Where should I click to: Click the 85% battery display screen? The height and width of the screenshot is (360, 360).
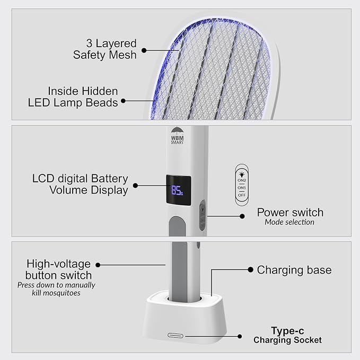click(x=179, y=190)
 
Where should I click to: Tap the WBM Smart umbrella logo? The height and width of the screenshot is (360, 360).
click(x=177, y=136)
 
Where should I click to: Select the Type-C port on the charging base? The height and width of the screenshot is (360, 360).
click(x=175, y=336)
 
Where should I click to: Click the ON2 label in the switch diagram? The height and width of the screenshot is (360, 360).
click(x=242, y=180)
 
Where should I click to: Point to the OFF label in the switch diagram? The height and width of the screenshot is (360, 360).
click(x=242, y=195)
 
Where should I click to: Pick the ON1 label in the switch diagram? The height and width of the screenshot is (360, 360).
click(x=242, y=188)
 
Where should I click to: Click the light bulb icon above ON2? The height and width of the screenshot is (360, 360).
click(x=242, y=174)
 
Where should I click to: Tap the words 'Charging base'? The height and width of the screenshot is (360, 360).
click(x=294, y=270)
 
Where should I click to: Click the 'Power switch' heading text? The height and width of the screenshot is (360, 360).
click(x=290, y=213)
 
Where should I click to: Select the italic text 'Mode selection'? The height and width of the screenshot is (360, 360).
click(x=289, y=222)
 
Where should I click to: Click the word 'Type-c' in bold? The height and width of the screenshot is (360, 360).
click(x=287, y=331)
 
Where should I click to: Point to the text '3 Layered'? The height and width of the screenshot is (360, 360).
click(x=111, y=43)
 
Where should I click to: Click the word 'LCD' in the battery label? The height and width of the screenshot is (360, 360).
click(x=43, y=179)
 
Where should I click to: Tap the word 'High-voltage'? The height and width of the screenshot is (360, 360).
click(x=58, y=264)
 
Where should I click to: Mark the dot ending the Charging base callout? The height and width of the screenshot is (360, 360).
click(x=250, y=269)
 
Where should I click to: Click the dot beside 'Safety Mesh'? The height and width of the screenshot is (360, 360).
click(x=144, y=50)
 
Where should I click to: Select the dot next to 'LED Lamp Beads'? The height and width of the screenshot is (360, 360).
click(x=124, y=101)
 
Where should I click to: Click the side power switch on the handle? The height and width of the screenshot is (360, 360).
click(x=202, y=215)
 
